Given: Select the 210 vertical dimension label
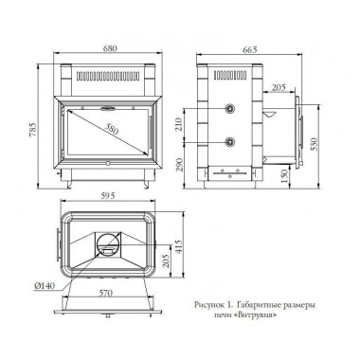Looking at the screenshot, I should pyautogui.click(x=203, y=122).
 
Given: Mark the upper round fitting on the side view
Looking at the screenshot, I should pyautogui.click(x=228, y=110).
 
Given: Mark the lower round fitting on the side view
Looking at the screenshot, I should pyautogui.click(x=228, y=141).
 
